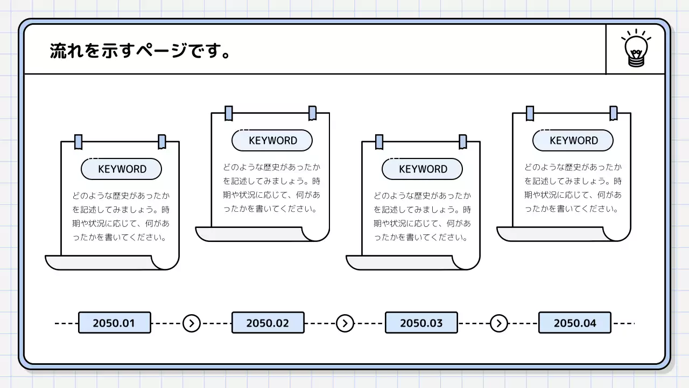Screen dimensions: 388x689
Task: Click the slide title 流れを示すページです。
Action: click(x=140, y=51)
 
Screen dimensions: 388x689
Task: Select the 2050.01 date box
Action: click(x=114, y=323)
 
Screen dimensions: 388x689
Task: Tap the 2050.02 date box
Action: click(x=268, y=323)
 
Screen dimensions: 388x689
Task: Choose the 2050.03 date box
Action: click(x=421, y=323)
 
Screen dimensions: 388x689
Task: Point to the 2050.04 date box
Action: click(x=574, y=323)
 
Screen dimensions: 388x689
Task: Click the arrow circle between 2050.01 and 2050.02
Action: click(x=191, y=323)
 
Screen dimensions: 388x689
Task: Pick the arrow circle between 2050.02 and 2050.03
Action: click(x=345, y=323)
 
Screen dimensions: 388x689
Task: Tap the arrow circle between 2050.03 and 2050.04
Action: click(x=499, y=323)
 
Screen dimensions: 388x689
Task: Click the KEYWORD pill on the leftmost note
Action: click(x=122, y=169)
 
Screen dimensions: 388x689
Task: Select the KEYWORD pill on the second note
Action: click(x=272, y=141)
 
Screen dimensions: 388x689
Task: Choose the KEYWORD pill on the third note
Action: click(x=423, y=169)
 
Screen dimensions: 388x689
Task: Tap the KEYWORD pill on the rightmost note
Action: click(x=573, y=141)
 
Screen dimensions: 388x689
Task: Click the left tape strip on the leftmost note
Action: click(x=79, y=142)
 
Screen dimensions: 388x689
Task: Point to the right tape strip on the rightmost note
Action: click(x=613, y=113)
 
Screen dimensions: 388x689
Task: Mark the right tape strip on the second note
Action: click(x=312, y=113)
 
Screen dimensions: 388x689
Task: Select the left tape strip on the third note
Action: click(x=379, y=142)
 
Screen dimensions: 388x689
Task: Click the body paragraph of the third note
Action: click(x=422, y=216)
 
